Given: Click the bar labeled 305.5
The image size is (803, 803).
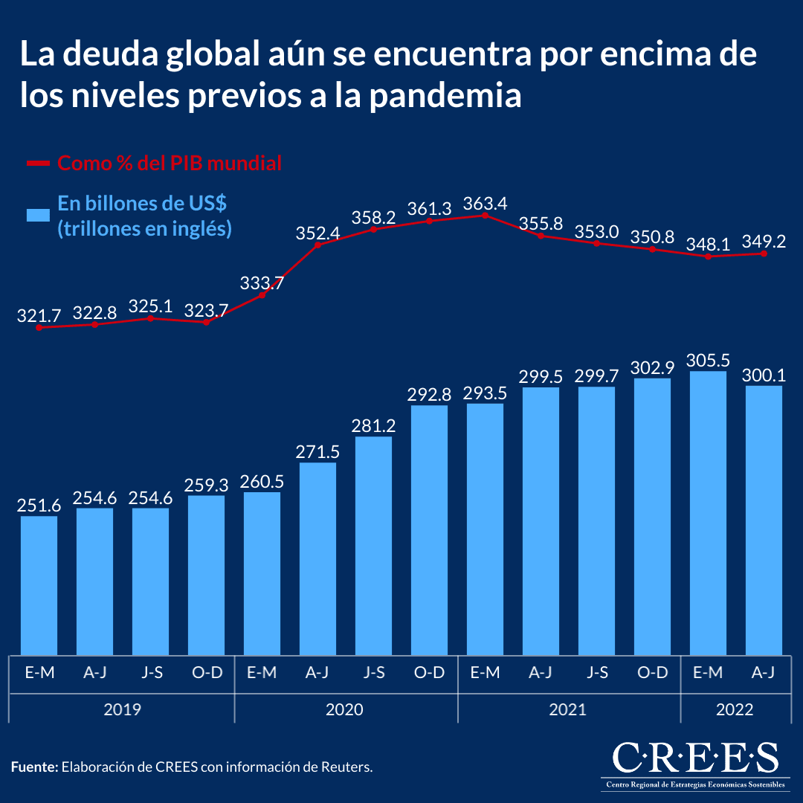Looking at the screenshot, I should pos(708,513).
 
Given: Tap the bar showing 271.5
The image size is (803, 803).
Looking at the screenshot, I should pos(317,558).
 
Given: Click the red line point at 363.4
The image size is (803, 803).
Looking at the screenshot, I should pos(485,216).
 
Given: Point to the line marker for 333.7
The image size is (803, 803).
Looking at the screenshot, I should pos(262,295).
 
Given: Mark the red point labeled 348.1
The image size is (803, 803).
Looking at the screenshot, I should pos(708,257).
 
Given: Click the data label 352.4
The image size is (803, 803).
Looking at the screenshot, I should pos(317,233).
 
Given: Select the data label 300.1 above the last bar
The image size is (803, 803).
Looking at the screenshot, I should pos(764,376).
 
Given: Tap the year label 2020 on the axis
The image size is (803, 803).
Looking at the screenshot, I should pos(345,709).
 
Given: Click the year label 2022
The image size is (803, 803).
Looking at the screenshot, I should pos(735,709).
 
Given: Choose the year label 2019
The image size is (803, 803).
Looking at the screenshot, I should pos(122,709).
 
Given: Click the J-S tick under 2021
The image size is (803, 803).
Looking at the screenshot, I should pos(596,673).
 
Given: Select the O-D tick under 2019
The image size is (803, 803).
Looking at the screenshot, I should pos(207,673).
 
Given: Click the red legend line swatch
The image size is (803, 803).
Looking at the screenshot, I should pos(38,163).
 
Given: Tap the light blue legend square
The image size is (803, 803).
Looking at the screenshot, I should pos(38,215).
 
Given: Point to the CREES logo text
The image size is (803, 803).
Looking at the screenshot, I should pos(696,758).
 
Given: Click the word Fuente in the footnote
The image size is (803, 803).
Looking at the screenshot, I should pos(33,767).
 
